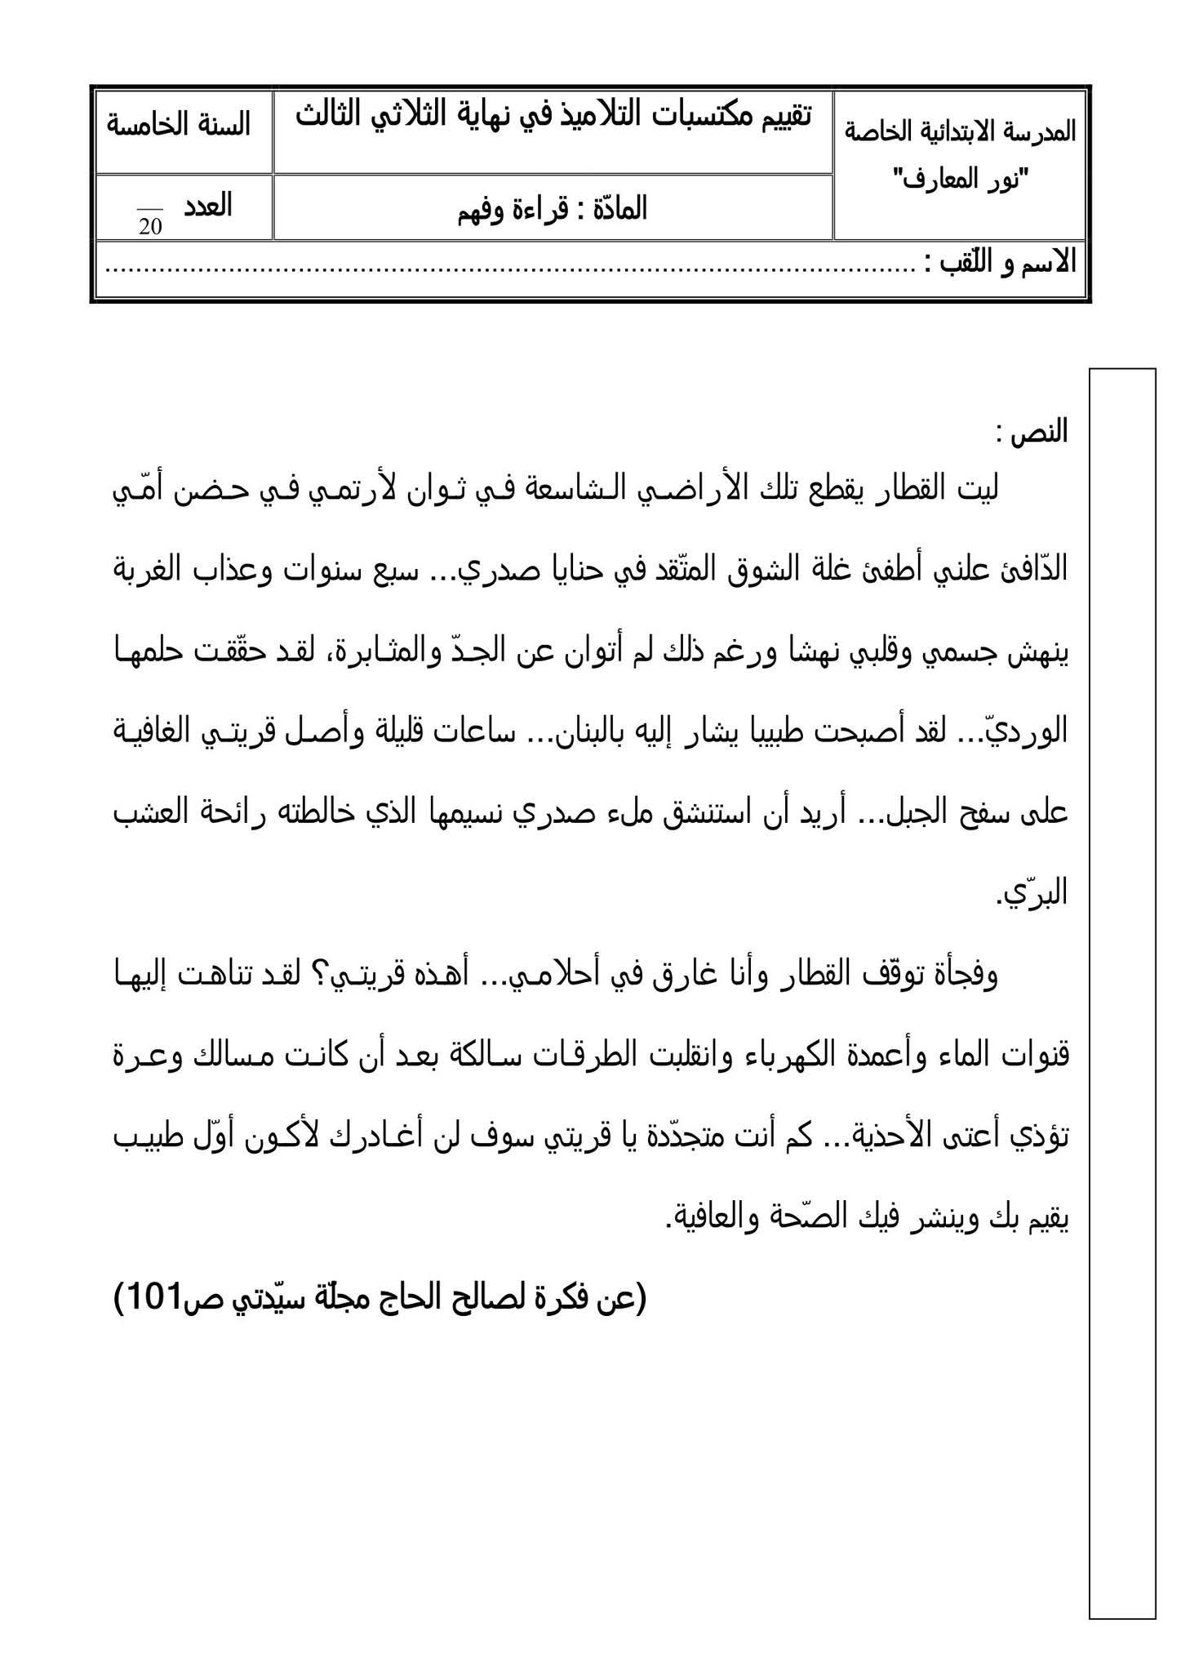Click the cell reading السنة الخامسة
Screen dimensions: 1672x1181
pos(179,125)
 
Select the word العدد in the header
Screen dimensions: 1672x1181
pos(208,206)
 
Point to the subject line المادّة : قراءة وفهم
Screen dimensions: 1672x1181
pos(553,210)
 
